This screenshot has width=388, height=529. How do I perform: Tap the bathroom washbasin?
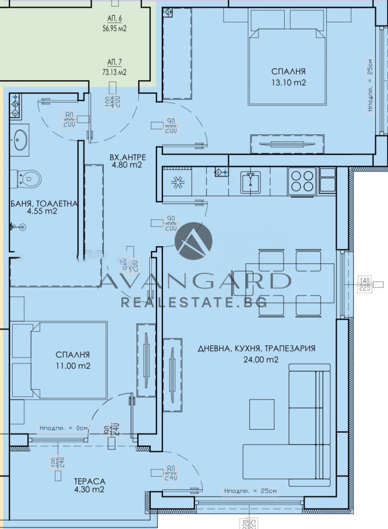20,139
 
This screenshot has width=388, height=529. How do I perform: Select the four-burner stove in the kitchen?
302,180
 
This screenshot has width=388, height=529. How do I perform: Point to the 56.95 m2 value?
115,28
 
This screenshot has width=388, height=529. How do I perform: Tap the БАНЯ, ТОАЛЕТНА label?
44,204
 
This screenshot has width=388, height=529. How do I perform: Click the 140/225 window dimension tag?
364,284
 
